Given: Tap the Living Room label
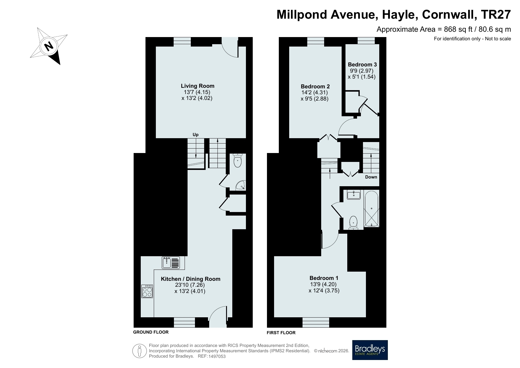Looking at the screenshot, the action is click(198, 86).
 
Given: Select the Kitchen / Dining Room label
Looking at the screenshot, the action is click(191, 279).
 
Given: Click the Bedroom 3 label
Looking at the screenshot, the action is click(362, 64).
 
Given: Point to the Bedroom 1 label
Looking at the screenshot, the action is click(324, 278).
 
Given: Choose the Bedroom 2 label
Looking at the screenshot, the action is click(315, 87).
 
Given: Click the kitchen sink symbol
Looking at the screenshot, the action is click(171, 263).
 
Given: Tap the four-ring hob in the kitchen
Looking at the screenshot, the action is click(147, 291).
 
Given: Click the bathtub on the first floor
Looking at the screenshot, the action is click(371, 209).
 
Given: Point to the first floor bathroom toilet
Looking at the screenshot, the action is click(353, 223).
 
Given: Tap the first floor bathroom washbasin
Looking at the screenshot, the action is click(354, 195).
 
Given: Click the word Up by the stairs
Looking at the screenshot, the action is click(196, 135).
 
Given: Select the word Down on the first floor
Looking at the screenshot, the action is click(371, 177).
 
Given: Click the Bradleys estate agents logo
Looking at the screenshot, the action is click(370, 350).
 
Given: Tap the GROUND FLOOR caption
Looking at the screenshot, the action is click(151, 332).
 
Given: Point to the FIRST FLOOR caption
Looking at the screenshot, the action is click(281, 333).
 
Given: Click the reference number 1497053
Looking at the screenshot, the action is click(217, 356).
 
